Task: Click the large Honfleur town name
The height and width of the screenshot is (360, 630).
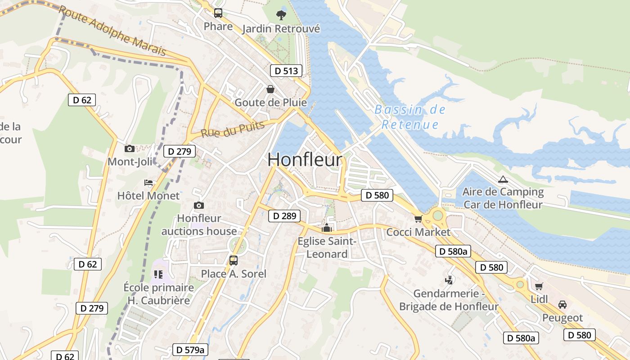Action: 305,160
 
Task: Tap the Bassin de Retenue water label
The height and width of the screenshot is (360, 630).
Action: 409,117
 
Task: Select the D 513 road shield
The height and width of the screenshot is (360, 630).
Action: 286,71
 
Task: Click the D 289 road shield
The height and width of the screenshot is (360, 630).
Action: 284,216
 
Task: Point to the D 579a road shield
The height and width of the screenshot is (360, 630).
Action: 190,350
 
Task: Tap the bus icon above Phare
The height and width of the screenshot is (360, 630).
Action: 218,13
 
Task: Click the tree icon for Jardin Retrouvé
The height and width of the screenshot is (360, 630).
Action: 281,15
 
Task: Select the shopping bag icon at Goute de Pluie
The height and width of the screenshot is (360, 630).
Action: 270,89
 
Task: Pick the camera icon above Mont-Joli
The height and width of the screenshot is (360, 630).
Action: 130,148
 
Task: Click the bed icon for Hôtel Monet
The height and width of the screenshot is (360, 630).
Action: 148,183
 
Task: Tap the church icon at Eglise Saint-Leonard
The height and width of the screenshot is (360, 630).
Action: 327,228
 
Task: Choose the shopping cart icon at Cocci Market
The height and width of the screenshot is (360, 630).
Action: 418,219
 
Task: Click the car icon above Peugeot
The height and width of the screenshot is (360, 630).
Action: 562,305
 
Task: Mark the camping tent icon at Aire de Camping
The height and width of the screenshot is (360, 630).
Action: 503,179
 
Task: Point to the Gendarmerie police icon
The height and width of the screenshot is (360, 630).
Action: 449,280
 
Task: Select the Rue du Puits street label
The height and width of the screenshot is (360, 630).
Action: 233,130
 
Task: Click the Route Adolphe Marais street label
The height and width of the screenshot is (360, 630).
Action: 112,31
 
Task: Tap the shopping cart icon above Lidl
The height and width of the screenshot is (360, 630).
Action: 539,286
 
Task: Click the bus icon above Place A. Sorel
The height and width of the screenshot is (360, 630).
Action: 233,260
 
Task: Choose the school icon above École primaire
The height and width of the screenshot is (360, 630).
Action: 158,274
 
